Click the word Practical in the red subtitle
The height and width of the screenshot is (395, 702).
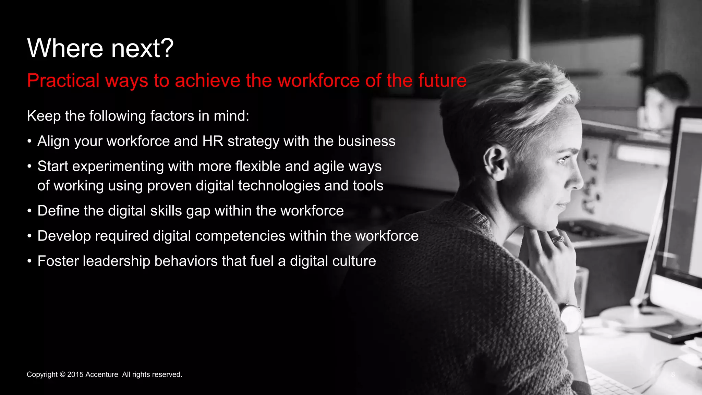63,81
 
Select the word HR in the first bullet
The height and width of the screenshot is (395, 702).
213,141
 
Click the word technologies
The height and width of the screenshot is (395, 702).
279,186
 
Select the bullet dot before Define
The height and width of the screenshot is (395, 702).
30,211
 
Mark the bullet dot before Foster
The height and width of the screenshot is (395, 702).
30,261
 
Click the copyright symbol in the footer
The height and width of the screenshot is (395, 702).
62,374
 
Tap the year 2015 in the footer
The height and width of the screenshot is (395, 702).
75,374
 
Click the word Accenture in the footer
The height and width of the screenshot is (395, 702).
102,374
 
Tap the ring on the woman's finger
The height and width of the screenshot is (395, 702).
558,239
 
